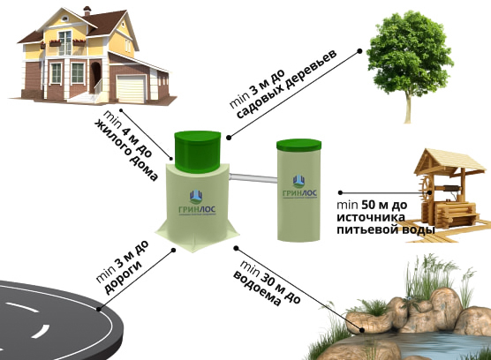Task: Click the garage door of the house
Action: click(131, 88)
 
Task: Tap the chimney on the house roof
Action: click(87, 11)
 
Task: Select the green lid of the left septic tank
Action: click(197, 152)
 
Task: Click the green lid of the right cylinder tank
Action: click(298, 145)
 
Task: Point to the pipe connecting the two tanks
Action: click(253, 178)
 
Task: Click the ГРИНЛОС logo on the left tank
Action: click(197, 203)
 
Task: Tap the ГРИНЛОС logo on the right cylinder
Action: click(299, 187)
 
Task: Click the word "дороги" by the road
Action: click(123, 277)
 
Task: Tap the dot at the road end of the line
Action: click(99, 309)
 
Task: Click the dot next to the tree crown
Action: click(359, 50)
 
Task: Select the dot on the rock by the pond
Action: click(362, 330)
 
